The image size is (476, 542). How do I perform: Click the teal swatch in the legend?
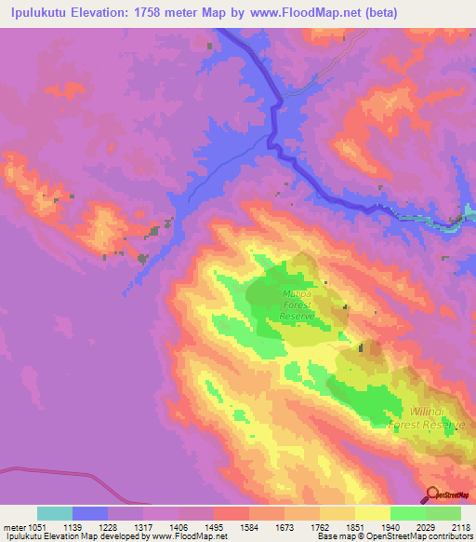(x=55, y=513)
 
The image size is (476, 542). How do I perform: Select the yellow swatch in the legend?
(x=373, y=513)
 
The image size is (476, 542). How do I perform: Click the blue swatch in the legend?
(x=90, y=513)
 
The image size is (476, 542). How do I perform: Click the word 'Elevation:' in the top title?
(x=117, y=13)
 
